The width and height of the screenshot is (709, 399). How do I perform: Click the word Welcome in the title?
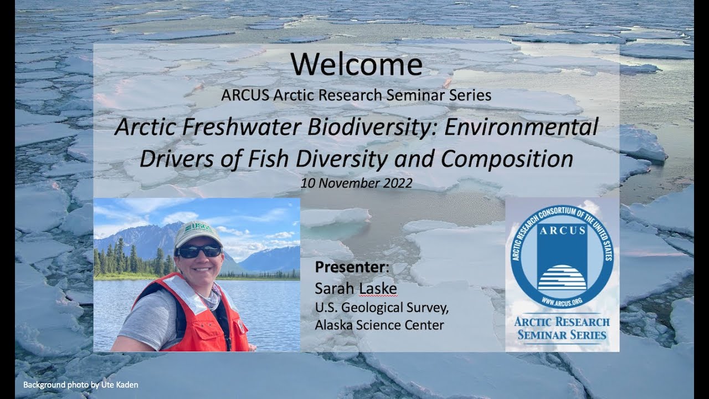[x=356, y=65]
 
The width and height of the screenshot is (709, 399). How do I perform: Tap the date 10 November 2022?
[x=356, y=183]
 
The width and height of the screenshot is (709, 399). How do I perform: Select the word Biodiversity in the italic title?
[x=337, y=129]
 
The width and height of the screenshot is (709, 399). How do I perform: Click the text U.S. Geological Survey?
[x=382, y=307]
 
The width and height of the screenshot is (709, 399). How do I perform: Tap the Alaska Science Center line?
[x=379, y=325]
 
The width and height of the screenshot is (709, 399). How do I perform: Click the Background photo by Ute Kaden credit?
[x=80, y=385]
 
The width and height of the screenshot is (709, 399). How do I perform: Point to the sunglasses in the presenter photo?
[x=198, y=251]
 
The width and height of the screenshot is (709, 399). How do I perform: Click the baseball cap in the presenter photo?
[x=198, y=233]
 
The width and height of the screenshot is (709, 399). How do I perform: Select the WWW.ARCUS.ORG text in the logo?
[x=562, y=301]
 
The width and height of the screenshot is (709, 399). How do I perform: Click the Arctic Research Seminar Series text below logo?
[x=562, y=328]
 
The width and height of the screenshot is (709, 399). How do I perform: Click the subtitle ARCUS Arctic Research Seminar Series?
[x=356, y=95]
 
